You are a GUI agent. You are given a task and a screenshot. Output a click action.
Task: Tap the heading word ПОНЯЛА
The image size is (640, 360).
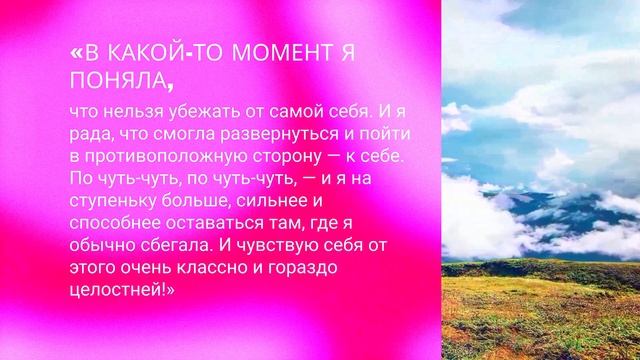pos(114,78)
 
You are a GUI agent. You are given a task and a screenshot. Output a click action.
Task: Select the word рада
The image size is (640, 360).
pos(90,134)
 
